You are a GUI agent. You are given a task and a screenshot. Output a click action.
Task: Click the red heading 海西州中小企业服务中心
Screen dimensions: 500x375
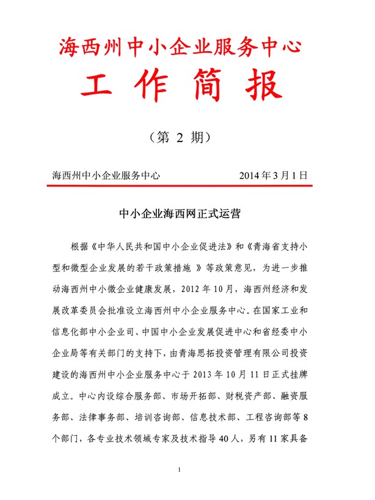181,46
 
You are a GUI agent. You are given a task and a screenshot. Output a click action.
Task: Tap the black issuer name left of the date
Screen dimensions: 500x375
107,175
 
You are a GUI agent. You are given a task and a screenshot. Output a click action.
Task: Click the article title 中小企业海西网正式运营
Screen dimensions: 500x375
181,214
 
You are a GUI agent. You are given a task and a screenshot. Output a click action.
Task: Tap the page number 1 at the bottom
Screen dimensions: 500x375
180,469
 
